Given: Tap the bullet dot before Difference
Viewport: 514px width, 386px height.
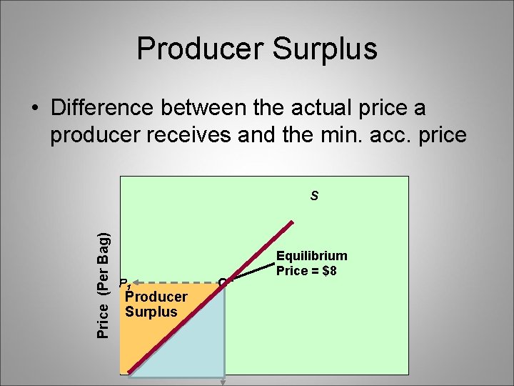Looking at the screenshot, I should click(x=34, y=109).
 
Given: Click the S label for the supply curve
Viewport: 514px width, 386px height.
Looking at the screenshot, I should click(x=314, y=194).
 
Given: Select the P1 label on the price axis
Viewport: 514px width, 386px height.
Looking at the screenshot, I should click(x=125, y=283).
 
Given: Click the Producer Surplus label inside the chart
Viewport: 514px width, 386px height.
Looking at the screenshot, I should click(x=156, y=304).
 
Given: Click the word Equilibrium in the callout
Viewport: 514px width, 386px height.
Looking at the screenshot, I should click(x=311, y=256).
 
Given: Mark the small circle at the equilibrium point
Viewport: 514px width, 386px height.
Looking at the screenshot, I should click(x=223, y=282).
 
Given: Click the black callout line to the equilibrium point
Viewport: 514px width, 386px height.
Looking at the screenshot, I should click(x=250, y=272).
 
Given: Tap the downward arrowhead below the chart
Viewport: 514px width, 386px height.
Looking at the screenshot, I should click(x=224, y=382).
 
